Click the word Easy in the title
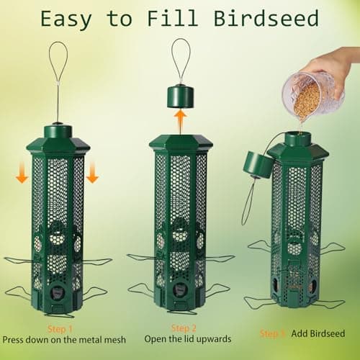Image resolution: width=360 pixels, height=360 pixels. (69, 18)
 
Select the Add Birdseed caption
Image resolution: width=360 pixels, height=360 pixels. (317, 333)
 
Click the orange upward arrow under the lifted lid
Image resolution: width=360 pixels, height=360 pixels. (179, 118)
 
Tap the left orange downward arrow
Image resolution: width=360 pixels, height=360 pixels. (23, 171)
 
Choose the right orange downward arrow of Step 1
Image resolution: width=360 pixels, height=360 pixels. (93, 171)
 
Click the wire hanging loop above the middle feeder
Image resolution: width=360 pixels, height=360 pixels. (181, 58)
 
